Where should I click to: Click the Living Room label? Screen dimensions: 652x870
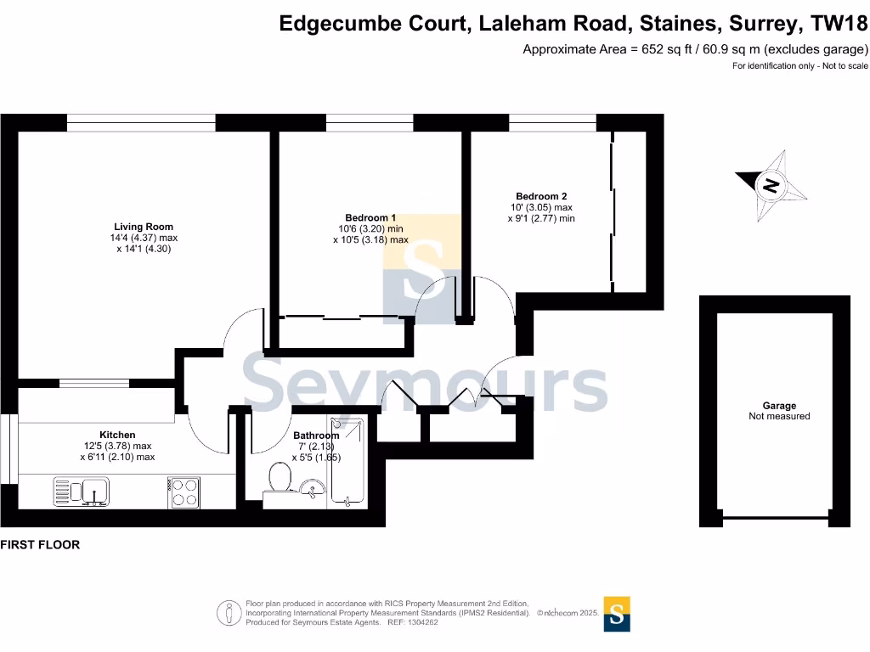(x=144, y=227)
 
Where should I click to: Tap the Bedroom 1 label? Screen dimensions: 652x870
(x=370, y=217)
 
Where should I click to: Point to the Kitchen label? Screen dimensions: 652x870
(x=117, y=435)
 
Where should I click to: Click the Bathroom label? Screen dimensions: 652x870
(x=316, y=436)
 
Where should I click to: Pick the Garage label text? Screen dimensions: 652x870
(x=778, y=406)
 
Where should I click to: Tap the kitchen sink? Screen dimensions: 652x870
(x=81, y=492)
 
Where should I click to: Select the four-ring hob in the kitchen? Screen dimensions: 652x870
(x=185, y=493)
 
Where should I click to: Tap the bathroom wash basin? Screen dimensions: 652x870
(x=311, y=488)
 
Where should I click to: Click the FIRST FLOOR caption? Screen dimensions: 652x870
(x=40, y=545)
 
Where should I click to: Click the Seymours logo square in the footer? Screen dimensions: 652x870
(x=618, y=614)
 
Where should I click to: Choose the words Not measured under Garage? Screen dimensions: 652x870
(x=778, y=417)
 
